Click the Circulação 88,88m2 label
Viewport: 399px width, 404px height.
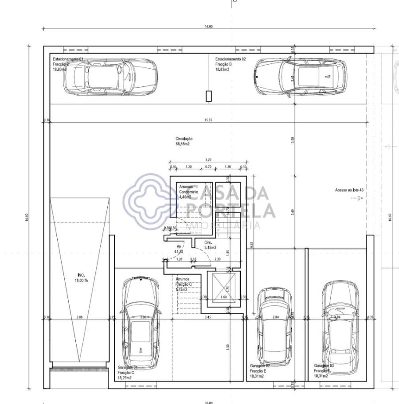point(184,141)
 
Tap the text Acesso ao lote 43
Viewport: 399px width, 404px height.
point(349,190)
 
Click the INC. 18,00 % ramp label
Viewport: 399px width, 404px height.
point(80,278)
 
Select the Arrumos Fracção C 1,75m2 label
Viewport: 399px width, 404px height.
point(184,284)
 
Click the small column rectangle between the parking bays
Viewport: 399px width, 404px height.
point(209,96)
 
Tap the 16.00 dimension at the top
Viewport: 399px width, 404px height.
point(208,27)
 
